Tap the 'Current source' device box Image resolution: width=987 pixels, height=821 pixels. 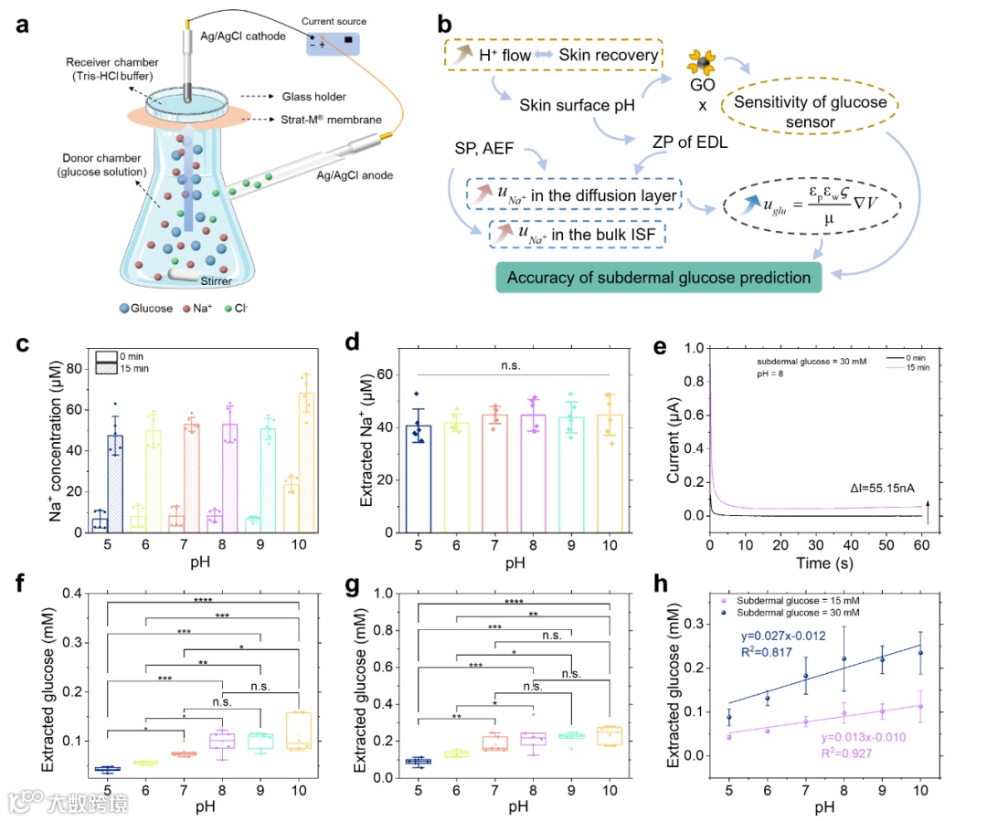point(334,42)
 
